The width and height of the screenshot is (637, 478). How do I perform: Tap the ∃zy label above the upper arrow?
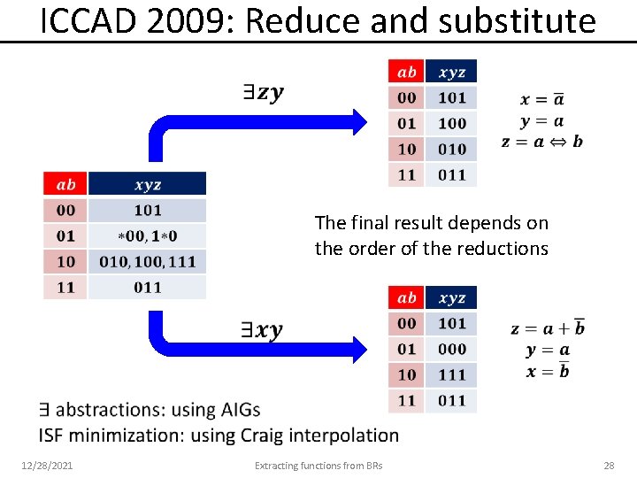(263, 92)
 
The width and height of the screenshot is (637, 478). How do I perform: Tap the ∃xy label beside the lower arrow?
(263, 330)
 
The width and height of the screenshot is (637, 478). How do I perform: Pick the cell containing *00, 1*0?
(147, 236)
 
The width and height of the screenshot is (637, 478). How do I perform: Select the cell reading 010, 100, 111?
(147, 262)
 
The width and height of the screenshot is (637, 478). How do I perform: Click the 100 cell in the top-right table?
(451, 123)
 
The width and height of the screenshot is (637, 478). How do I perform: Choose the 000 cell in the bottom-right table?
(451, 349)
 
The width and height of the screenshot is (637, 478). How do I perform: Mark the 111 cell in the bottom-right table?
(451, 374)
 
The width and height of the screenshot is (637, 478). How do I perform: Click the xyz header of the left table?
(147, 185)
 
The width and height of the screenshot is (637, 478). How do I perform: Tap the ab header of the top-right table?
(406, 72)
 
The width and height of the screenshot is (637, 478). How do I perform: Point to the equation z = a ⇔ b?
(541, 142)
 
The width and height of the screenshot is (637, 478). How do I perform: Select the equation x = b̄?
(548, 371)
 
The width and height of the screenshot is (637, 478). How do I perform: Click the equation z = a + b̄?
(548, 328)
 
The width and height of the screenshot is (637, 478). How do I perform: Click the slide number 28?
(608, 465)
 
